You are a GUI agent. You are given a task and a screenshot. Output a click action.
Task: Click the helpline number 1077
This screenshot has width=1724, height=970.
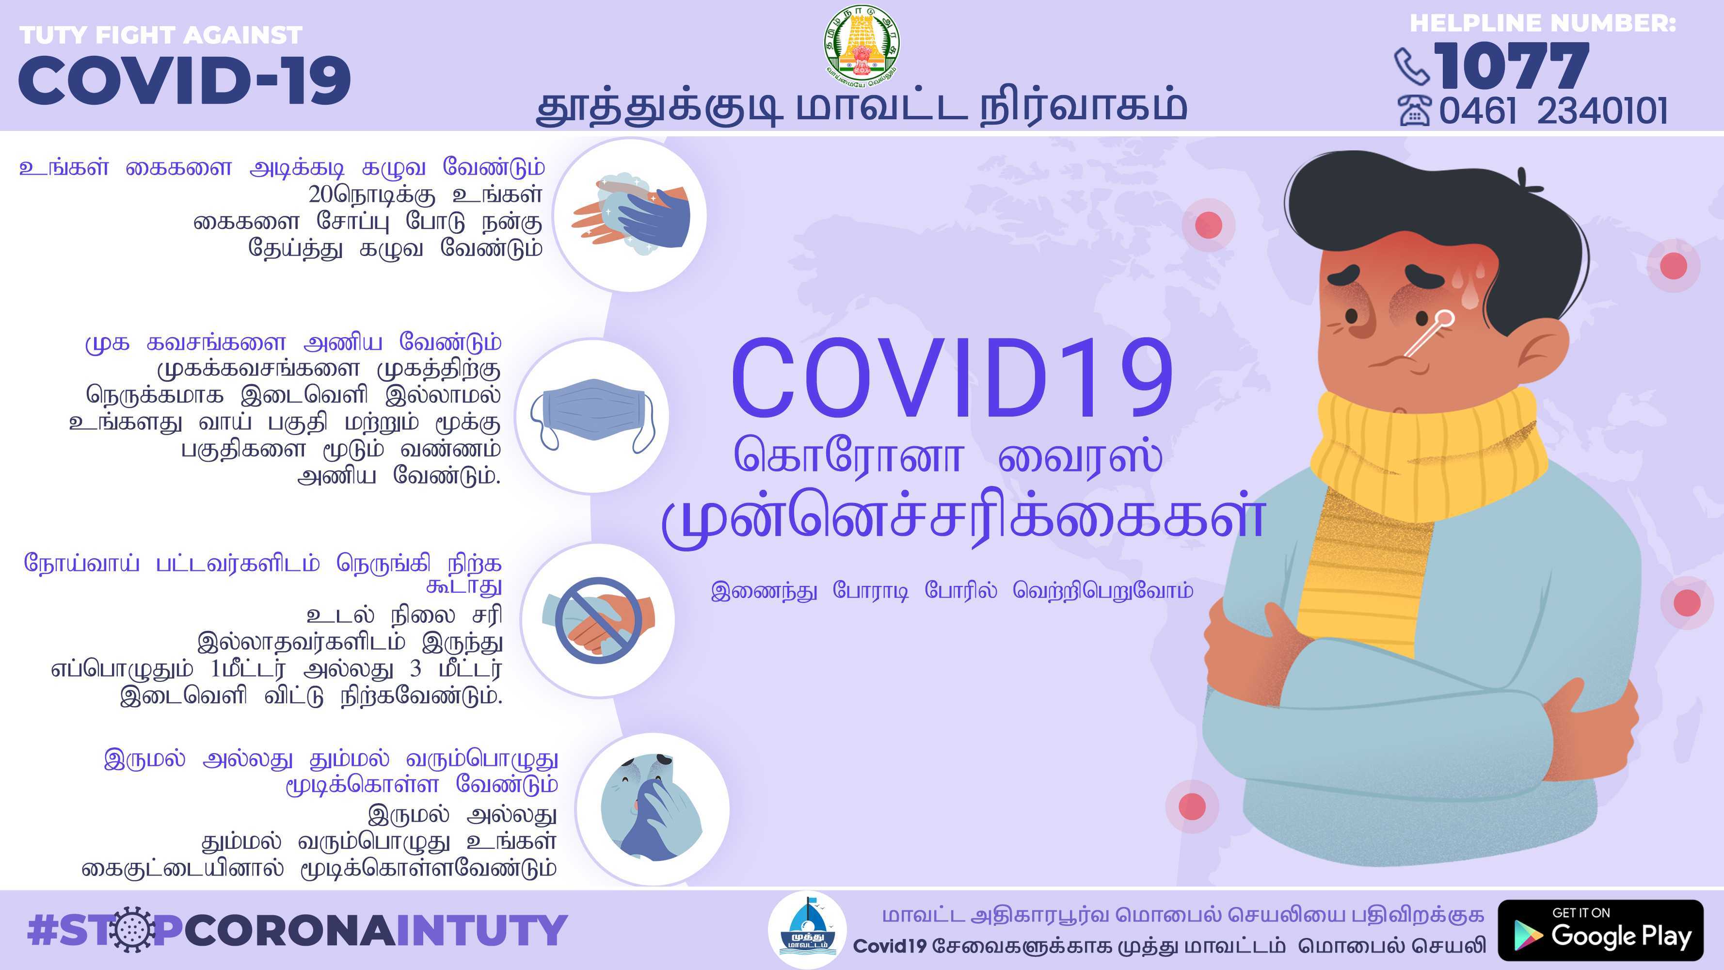(x=1511, y=65)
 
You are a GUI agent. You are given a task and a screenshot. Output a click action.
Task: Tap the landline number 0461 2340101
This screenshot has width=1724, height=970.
(x=1553, y=111)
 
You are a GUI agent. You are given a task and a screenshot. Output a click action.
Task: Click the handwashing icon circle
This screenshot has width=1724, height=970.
(x=630, y=215)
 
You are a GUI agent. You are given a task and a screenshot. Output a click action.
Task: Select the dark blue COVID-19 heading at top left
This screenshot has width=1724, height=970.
(x=185, y=81)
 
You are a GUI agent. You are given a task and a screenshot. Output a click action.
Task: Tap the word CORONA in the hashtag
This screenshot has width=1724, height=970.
(x=290, y=931)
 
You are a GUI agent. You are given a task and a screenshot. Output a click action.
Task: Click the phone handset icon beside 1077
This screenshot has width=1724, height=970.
(x=1411, y=65)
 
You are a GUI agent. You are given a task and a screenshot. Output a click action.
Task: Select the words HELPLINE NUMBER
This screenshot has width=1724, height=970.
(x=1543, y=23)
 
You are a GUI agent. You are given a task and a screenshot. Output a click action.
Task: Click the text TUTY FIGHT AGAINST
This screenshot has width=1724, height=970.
(x=160, y=35)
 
